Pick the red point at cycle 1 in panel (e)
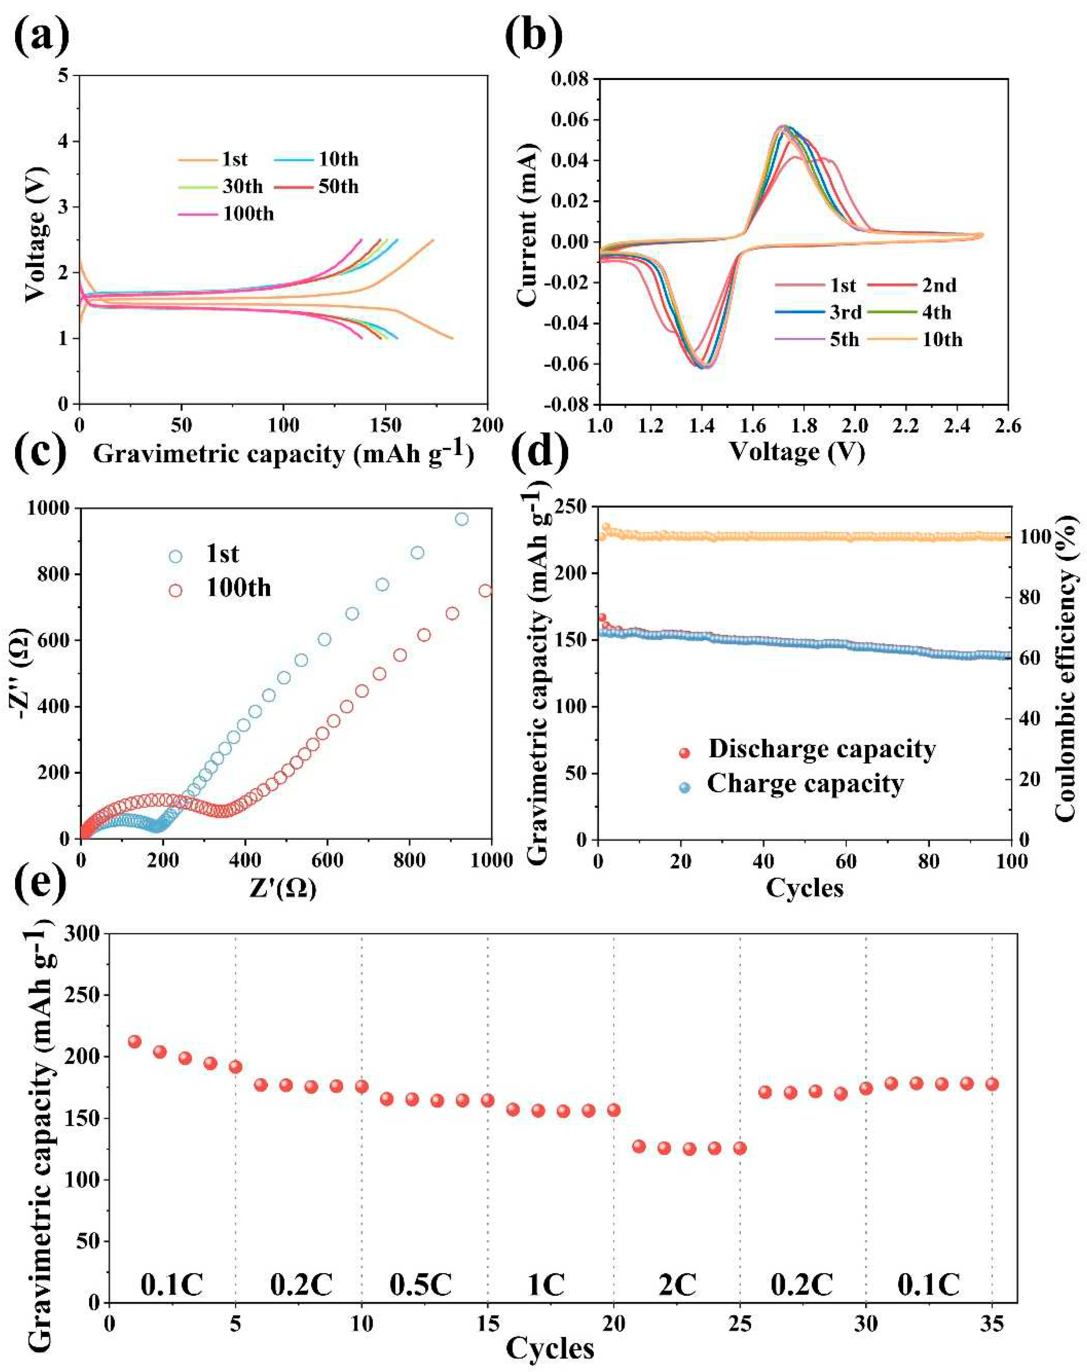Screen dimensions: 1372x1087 pos(134,1042)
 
